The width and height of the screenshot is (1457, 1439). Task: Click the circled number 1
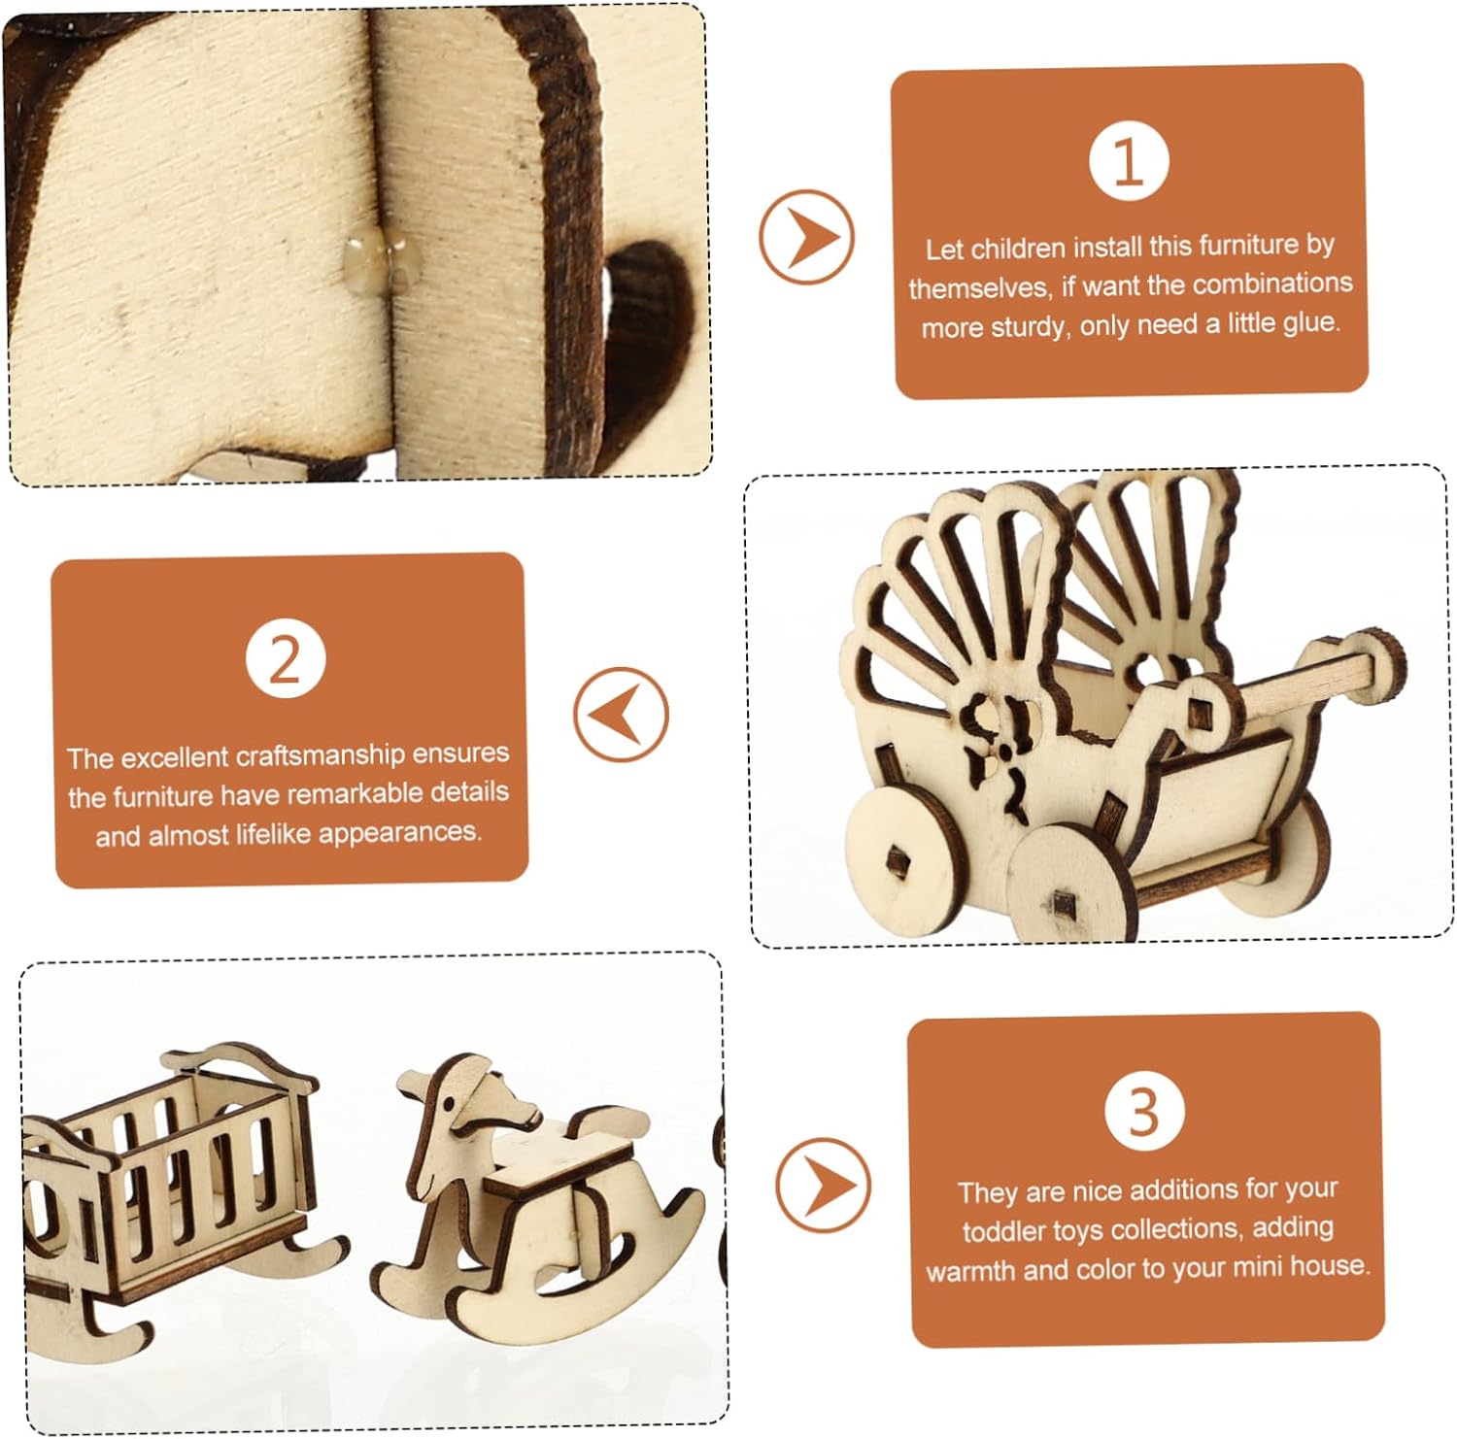pyautogui.click(x=1128, y=161)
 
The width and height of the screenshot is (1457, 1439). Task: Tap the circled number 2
pyautogui.click(x=285, y=659)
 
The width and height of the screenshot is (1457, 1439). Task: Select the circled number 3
pyautogui.click(x=1144, y=1112)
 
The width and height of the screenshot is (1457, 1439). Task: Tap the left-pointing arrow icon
pyautogui.click(x=622, y=715)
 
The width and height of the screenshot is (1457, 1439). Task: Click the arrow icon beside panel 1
pyautogui.click(x=806, y=237)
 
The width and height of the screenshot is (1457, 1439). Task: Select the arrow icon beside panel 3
pyautogui.click(x=824, y=1186)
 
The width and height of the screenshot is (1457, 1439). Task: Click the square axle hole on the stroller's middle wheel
pyautogui.click(x=1064, y=906)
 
